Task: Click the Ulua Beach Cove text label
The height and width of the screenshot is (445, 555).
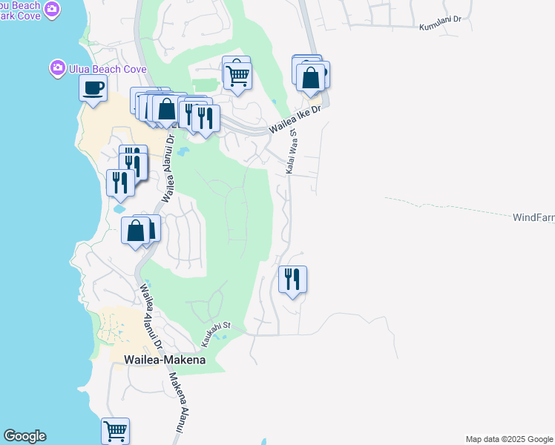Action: (x=108, y=69)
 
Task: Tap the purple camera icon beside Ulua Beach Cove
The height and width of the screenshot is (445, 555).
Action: (x=57, y=69)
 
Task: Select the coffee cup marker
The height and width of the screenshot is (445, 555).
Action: (x=93, y=88)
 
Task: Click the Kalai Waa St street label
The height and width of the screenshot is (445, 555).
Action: (x=292, y=152)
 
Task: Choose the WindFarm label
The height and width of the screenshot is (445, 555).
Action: (x=533, y=218)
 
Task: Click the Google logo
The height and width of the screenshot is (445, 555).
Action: (x=24, y=436)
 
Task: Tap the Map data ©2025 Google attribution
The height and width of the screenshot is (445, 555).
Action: (x=510, y=439)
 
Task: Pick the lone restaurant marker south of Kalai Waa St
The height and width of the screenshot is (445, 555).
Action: (x=292, y=280)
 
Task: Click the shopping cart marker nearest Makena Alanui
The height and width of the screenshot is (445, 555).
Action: (x=115, y=430)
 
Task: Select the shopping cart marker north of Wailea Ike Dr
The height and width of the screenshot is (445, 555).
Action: (x=237, y=75)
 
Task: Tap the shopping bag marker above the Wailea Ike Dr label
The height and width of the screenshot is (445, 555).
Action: (x=311, y=76)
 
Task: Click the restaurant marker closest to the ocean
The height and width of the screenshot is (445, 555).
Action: (x=120, y=182)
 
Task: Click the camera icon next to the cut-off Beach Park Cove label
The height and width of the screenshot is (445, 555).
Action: (x=51, y=8)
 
